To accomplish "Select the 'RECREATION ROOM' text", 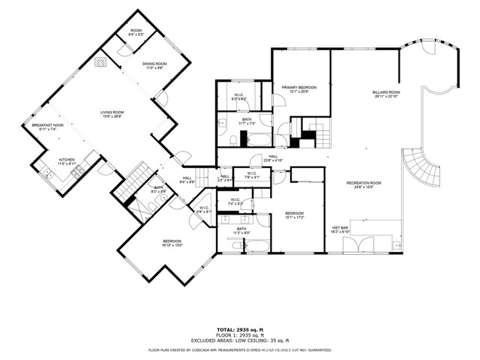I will tap(364, 184).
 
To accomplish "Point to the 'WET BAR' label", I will tap(340, 229).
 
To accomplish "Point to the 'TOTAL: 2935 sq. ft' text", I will tap(239, 329).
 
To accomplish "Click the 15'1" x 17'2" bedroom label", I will tap(294, 216).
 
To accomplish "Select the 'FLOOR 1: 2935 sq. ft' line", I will tap(239, 334).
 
